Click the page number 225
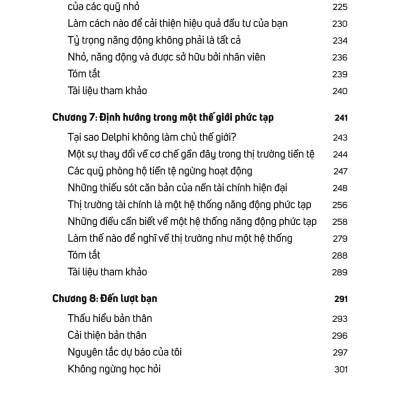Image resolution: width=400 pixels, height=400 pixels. click(x=338, y=6)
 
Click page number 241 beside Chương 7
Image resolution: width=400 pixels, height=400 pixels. click(x=339, y=117)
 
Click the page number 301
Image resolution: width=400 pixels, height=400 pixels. click(x=339, y=371)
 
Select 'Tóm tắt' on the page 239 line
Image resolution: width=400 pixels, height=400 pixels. click(x=83, y=74)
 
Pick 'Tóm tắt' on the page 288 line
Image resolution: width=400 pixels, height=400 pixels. click(x=83, y=254)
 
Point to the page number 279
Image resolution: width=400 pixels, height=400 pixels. click(x=339, y=237)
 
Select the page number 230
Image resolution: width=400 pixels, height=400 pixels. click(x=338, y=23)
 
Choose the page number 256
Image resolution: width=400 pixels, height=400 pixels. click(x=339, y=204)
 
